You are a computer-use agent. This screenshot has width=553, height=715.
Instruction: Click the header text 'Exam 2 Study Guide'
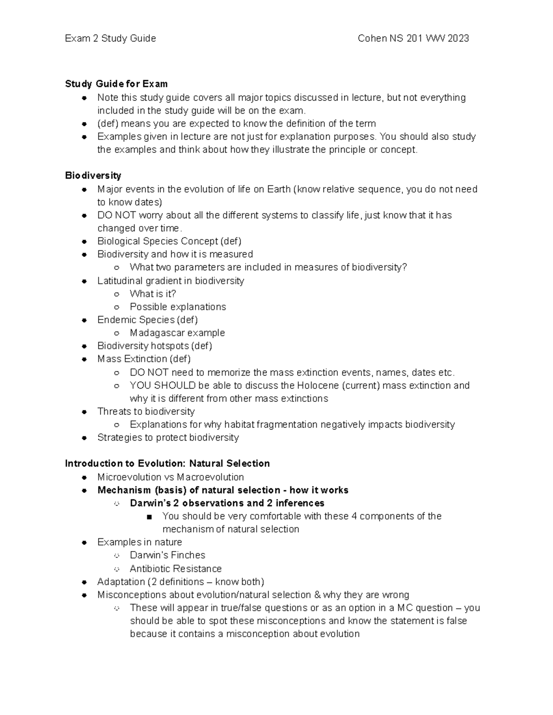(110, 39)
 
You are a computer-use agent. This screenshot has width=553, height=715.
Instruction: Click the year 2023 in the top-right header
(458, 39)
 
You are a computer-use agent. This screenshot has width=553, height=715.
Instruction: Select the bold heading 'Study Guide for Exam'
(116, 84)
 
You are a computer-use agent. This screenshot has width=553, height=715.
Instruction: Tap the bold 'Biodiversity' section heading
(93, 175)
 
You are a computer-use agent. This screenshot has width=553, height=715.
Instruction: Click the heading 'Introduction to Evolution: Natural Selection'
(167, 464)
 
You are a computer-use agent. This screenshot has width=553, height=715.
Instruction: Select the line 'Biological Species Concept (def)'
(169, 241)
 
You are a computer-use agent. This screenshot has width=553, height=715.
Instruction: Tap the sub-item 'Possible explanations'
(178, 307)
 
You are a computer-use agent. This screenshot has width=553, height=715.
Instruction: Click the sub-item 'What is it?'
(153, 294)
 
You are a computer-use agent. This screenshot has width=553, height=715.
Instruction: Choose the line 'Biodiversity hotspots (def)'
(154, 346)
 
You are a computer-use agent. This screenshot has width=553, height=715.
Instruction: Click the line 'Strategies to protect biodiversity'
(168, 437)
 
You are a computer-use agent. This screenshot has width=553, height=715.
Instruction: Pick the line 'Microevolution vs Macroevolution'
(171, 477)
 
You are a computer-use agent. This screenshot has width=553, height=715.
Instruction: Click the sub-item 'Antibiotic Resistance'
(176, 569)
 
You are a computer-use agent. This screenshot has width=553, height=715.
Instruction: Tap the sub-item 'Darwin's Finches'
(167, 555)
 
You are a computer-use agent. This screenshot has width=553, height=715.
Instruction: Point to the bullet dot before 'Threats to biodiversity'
(84, 412)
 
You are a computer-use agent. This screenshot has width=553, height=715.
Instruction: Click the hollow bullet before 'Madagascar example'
(117, 333)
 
